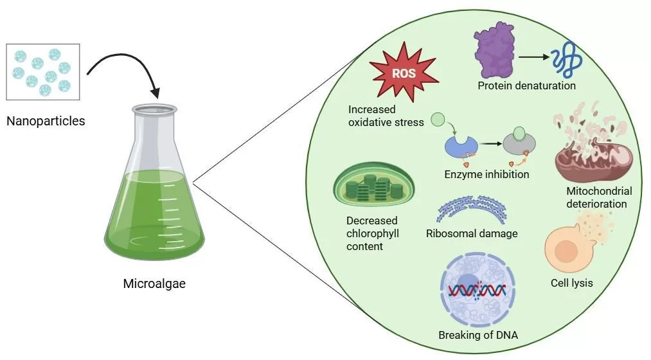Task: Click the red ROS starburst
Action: point(404,74)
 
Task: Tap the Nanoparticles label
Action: point(45,120)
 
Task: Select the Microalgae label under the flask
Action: point(154,283)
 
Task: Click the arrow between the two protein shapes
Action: point(533,58)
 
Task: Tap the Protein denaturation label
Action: point(526,85)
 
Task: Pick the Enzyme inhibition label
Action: point(486,174)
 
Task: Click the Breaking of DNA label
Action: point(477,335)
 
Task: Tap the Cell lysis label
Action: point(571,283)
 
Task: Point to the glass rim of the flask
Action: point(154,109)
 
